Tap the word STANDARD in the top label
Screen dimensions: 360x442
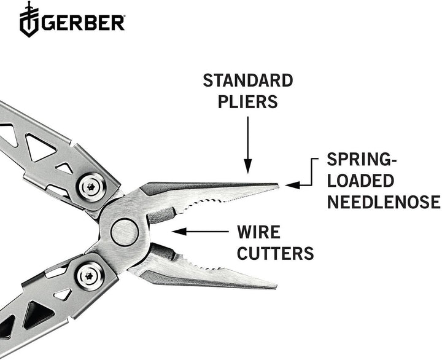(x=248, y=80)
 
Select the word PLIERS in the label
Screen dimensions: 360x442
(x=248, y=101)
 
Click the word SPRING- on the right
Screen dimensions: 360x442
(x=362, y=160)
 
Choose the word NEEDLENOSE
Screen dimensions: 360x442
(x=384, y=202)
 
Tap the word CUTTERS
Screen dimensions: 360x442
(x=276, y=252)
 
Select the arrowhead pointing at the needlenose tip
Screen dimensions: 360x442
(x=289, y=184)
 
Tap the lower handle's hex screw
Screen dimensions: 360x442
(x=88, y=275)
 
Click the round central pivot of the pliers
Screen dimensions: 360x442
(x=125, y=233)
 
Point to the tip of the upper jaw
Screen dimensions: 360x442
(x=276, y=186)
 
